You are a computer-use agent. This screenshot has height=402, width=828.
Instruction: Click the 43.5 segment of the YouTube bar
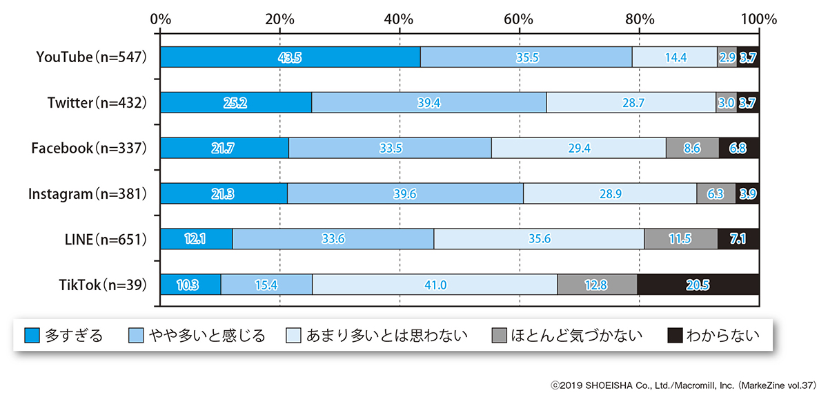point(290,57)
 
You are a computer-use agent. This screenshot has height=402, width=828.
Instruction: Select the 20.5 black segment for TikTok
point(698,285)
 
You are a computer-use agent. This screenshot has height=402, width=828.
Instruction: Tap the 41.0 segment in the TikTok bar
point(435,285)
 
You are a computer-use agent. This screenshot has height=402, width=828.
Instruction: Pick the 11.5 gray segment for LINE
point(681,239)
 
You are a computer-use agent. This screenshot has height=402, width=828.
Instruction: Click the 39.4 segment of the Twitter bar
point(428,103)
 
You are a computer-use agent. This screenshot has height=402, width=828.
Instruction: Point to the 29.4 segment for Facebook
point(578,149)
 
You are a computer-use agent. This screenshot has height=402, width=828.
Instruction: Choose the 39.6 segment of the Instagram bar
point(405,194)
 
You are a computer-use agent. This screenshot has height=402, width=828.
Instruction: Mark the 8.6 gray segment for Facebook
point(692,149)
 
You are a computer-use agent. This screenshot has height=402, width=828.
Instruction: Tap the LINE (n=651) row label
point(103,239)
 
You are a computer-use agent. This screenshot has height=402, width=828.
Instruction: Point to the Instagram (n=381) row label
point(88,194)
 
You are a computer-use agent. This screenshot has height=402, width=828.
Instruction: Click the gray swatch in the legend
point(500,336)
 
